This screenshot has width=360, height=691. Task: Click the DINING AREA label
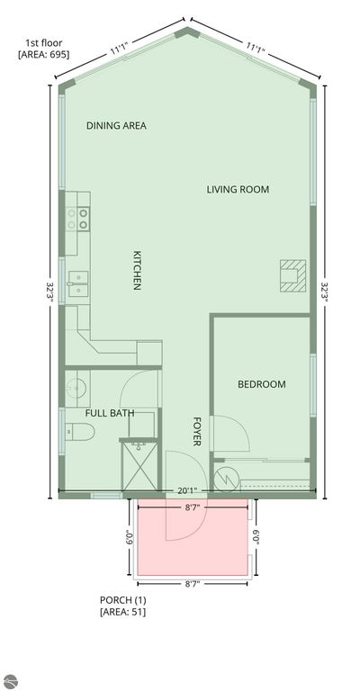pyautogui.click(x=116, y=126)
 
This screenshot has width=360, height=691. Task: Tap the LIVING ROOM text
pyautogui.click(x=238, y=189)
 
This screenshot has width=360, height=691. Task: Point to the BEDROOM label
pyautogui.click(x=261, y=384)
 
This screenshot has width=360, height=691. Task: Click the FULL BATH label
pyautogui.click(x=110, y=413)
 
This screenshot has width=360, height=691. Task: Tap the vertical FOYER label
pyautogui.click(x=197, y=432)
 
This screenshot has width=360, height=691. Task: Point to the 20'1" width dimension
pyautogui.click(x=187, y=490)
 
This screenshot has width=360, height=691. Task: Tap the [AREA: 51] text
pyautogui.click(x=122, y=612)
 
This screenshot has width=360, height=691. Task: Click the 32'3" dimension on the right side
pyautogui.click(x=326, y=288)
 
